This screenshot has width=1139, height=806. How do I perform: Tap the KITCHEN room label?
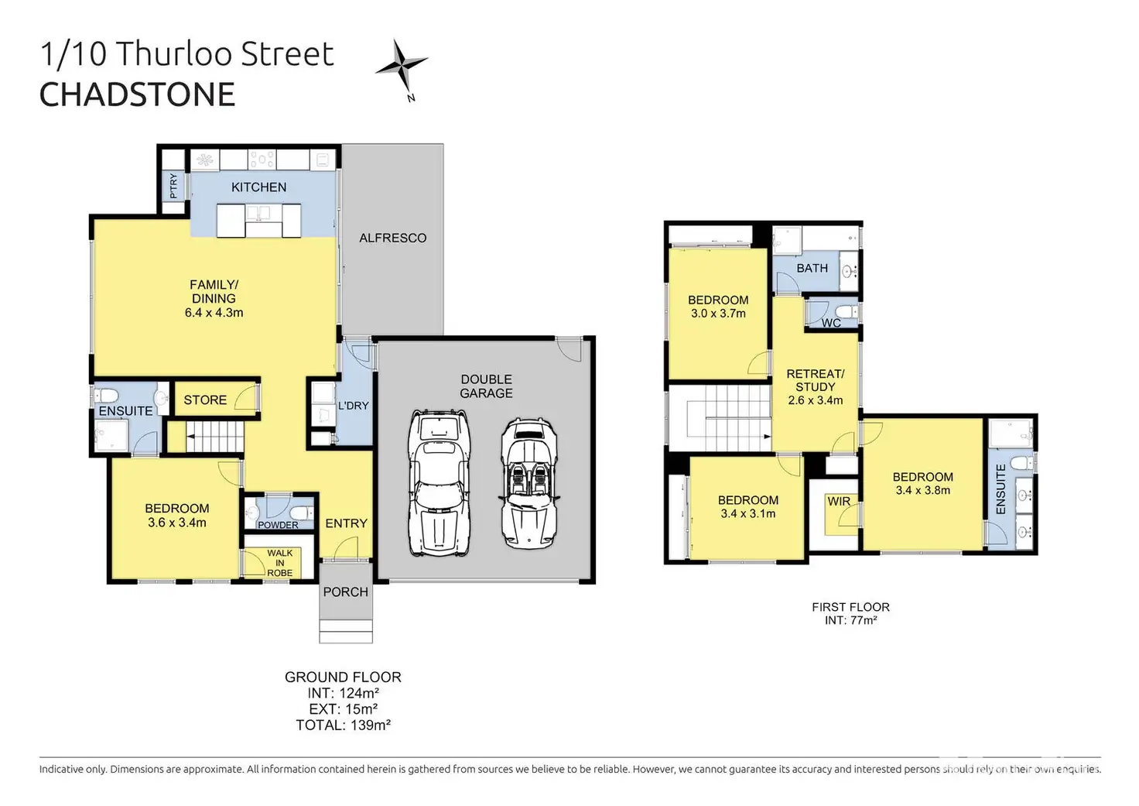pyautogui.click(x=258, y=187)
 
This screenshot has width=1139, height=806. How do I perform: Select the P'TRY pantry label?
pyautogui.click(x=174, y=186)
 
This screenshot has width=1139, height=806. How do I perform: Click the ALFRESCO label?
pyautogui.click(x=392, y=238)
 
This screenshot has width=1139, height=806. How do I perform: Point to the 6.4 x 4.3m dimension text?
pyautogui.click(x=214, y=313)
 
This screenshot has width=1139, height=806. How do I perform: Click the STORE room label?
pyautogui.click(x=205, y=400)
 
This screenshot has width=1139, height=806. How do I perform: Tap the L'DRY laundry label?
pyautogui.click(x=354, y=406)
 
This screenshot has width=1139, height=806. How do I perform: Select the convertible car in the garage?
pyautogui.click(x=529, y=484)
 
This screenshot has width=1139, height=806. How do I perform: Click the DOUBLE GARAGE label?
pyautogui.click(x=486, y=386)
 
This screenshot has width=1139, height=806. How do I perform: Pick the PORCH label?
pyautogui.click(x=346, y=592)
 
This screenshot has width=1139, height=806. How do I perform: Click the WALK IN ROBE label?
pyautogui.click(x=279, y=563)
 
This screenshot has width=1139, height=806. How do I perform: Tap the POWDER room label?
pyautogui.click(x=278, y=525)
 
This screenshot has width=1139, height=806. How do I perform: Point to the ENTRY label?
pyautogui.click(x=347, y=523)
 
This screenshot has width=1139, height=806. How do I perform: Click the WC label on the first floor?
pyautogui.click(x=831, y=323)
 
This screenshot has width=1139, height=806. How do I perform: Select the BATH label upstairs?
pyautogui.click(x=812, y=268)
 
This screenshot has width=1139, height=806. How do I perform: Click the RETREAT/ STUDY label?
pyautogui.click(x=815, y=380)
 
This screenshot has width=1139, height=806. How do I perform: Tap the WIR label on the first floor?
pyautogui.click(x=839, y=501)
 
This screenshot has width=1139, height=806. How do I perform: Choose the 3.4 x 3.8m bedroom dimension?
pyautogui.click(x=923, y=490)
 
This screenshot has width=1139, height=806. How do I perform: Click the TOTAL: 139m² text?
pyautogui.click(x=344, y=725)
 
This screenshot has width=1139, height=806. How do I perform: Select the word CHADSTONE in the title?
pyautogui.click(x=137, y=94)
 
